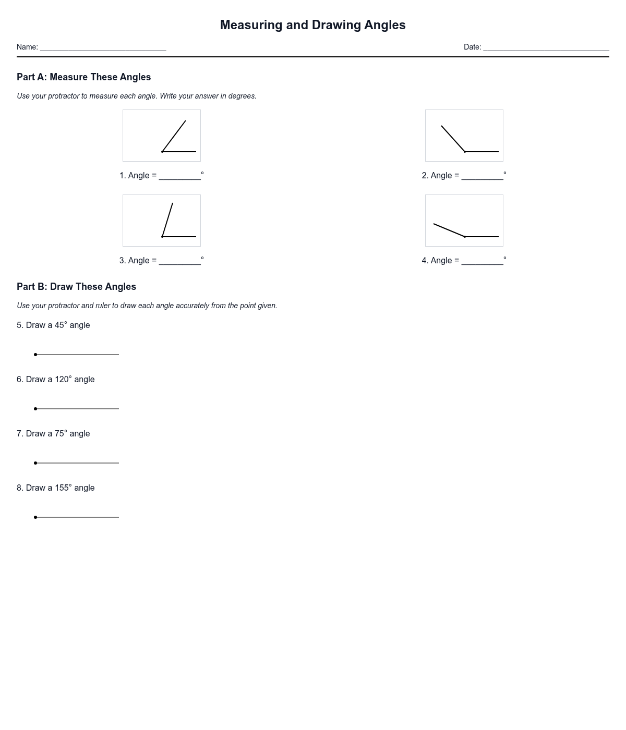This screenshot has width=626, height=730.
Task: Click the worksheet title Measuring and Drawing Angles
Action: [312, 25]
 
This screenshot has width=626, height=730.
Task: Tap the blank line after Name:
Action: [103, 47]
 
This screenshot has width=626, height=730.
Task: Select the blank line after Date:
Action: [546, 47]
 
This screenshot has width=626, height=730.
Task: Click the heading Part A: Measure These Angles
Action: [83, 77]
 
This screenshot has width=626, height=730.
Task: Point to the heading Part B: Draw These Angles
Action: [76, 287]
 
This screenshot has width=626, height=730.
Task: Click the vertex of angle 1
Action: [162, 152]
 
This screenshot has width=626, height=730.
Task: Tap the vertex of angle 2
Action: [465, 152]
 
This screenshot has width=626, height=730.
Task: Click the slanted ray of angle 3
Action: [167, 220]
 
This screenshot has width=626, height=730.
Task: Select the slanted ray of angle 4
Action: [449, 230]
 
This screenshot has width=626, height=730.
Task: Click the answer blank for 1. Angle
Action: [179, 176]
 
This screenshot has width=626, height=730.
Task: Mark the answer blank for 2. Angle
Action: [482, 176]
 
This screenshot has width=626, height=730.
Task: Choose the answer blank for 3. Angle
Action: [179, 261]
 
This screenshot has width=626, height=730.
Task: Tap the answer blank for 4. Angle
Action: [482, 261]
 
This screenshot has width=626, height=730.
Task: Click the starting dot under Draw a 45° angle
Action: [35, 355]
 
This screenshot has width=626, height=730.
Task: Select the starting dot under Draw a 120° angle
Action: [35, 409]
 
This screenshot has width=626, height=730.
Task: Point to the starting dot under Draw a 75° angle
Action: [35, 463]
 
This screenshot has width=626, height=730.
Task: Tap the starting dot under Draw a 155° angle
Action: [35, 517]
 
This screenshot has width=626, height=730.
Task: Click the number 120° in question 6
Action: [63, 380]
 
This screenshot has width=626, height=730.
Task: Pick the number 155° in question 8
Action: [63, 488]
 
